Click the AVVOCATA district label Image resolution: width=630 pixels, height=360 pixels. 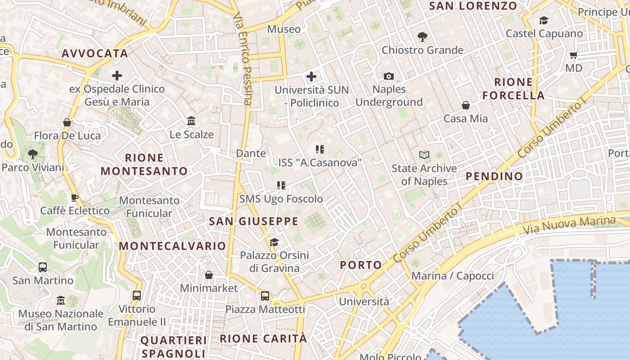95,54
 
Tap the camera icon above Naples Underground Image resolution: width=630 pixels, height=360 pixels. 389,76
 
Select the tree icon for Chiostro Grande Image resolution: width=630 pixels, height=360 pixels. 422,37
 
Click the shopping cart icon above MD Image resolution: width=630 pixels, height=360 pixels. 573,55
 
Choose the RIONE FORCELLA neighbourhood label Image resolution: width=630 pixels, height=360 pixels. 513,89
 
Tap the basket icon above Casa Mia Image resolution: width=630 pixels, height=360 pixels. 466,106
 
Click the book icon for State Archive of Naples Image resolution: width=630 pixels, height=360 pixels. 424,155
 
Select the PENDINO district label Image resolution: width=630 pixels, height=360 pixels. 494,176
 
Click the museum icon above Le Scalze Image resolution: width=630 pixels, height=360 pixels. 191,121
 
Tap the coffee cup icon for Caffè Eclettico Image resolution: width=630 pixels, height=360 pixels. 75,198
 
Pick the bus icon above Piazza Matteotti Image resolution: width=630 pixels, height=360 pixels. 265,296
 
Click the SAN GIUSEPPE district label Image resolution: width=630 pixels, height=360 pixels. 254,221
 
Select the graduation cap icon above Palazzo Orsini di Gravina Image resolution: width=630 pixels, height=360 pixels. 274,243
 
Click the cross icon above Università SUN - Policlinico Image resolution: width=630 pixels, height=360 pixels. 311,76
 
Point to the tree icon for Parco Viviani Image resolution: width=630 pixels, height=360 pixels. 32,154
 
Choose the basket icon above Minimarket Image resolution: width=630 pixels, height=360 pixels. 209,275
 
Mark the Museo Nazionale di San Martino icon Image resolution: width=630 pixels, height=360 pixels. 61,300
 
